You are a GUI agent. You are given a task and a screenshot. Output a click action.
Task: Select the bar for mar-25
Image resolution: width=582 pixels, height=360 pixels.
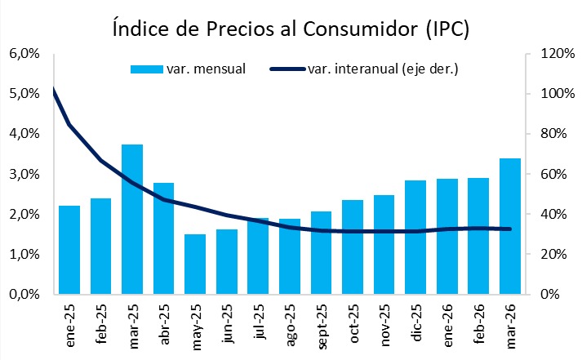(x=132, y=219)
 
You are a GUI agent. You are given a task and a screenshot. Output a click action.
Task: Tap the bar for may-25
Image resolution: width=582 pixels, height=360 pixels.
(x=195, y=264)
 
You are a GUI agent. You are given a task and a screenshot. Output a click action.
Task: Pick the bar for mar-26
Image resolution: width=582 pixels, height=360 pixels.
(x=509, y=225)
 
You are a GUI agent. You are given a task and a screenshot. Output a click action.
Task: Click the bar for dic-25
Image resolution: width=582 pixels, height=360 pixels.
(x=415, y=237)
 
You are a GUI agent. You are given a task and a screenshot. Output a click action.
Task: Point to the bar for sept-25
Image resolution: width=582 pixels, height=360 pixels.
(x=321, y=252)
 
